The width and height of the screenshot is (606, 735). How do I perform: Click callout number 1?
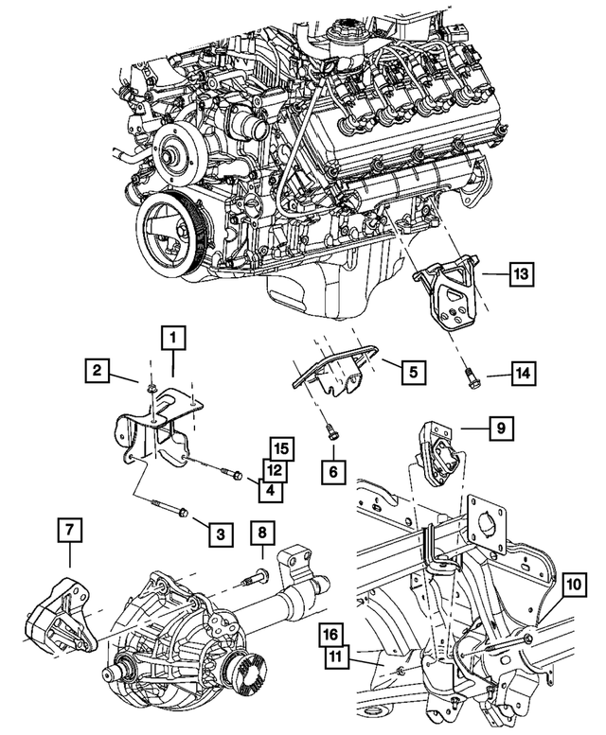point(174,335)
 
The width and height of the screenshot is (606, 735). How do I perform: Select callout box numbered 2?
point(97,370)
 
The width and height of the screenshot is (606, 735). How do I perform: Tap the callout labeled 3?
point(219,534)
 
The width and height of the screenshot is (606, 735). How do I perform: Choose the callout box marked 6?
point(332,469)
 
